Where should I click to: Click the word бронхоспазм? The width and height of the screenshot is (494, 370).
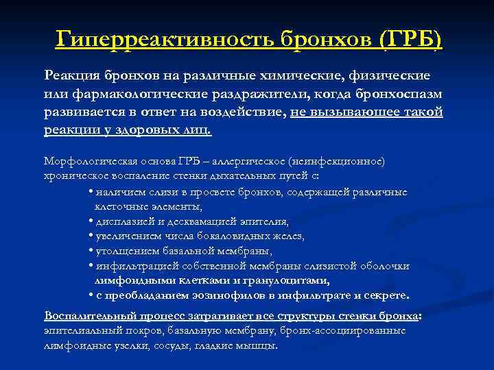tap(399, 93)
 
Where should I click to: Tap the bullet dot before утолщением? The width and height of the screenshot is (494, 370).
tap(91, 251)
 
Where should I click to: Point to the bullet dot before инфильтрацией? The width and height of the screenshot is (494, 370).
tap(91, 266)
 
